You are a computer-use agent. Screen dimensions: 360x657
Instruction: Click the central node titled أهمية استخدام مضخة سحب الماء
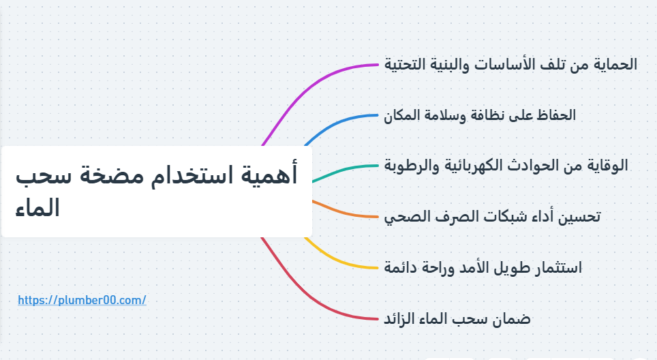[157, 192]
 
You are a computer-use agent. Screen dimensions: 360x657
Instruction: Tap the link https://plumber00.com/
[82, 300]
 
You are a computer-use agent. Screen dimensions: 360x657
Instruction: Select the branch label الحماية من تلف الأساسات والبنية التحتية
[510, 65]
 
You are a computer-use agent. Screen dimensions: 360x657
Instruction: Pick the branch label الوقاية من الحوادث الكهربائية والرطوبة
[506, 165]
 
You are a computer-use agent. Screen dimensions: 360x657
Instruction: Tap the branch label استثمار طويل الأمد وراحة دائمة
[483, 267]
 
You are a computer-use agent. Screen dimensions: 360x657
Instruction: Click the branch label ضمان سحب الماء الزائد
[457, 318]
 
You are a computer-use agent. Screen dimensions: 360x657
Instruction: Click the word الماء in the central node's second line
[37, 208]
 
